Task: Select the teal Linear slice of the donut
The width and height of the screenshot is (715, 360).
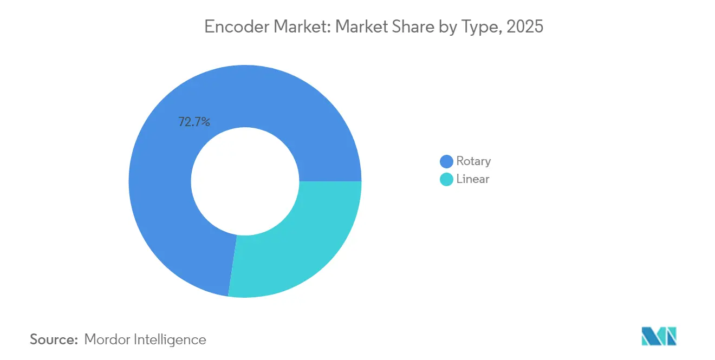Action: tap(298, 244)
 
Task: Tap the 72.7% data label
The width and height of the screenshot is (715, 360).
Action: tap(194, 122)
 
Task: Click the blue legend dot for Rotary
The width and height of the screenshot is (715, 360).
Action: tap(446, 161)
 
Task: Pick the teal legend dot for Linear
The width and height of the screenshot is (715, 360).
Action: tap(446, 179)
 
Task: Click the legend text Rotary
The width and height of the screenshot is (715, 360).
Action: tap(473, 161)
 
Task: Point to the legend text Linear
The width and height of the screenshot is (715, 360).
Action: tap(473, 179)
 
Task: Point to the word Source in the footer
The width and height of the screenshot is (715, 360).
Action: tap(52, 339)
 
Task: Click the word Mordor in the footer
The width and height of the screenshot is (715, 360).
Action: tap(107, 339)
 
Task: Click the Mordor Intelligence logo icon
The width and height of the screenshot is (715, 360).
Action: tap(659, 336)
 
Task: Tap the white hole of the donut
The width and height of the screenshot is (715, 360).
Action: tap(245, 181)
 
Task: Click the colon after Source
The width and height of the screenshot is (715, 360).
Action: tap(77, 341)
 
